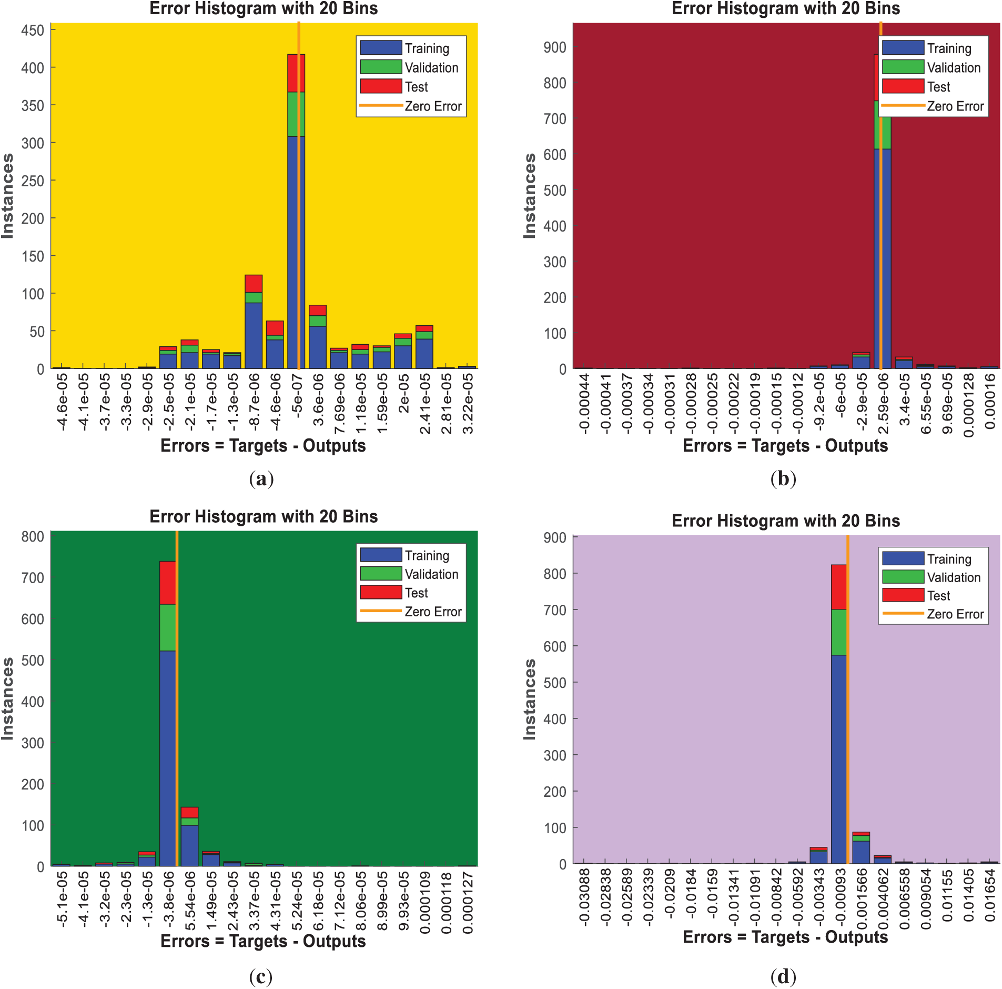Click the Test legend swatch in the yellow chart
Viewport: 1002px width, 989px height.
pos(381,86)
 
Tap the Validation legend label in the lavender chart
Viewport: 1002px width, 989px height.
pos(953,577)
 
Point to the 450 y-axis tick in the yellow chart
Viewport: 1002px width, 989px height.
pos(33,30)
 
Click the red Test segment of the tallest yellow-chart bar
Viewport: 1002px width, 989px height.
pos(296,73)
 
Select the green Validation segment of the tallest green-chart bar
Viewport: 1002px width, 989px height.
pos(167,627)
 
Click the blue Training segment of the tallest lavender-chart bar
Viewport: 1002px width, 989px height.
pos(838,758)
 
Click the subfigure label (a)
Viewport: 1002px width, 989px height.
pos(261,478)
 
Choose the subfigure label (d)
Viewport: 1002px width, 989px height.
pos(783,976)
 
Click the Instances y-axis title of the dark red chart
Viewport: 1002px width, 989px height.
pos(529,196)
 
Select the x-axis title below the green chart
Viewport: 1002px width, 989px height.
pos(263,941)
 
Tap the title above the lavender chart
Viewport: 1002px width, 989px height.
pos(785,521)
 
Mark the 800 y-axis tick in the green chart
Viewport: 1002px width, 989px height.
pos(33,536)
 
